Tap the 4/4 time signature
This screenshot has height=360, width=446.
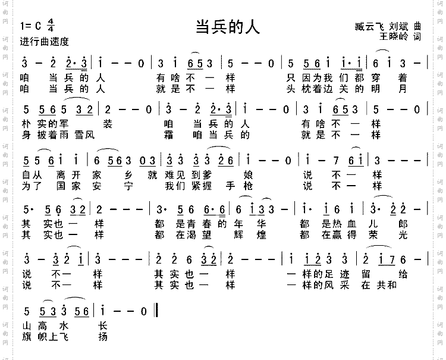(x=50, y=27)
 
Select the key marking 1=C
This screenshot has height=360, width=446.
(x=30, y=27)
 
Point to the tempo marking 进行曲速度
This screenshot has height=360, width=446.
(x=45, y=42)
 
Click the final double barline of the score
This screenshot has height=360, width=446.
(x=156, y=310)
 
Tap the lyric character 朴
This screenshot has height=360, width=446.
(x=25, y=124)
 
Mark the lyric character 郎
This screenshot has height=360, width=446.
(x=403, y=224)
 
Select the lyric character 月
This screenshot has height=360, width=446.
(x=403, y=89)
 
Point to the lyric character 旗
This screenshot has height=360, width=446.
(x=25, y=337)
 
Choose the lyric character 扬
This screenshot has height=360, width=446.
(x=103, y=337)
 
